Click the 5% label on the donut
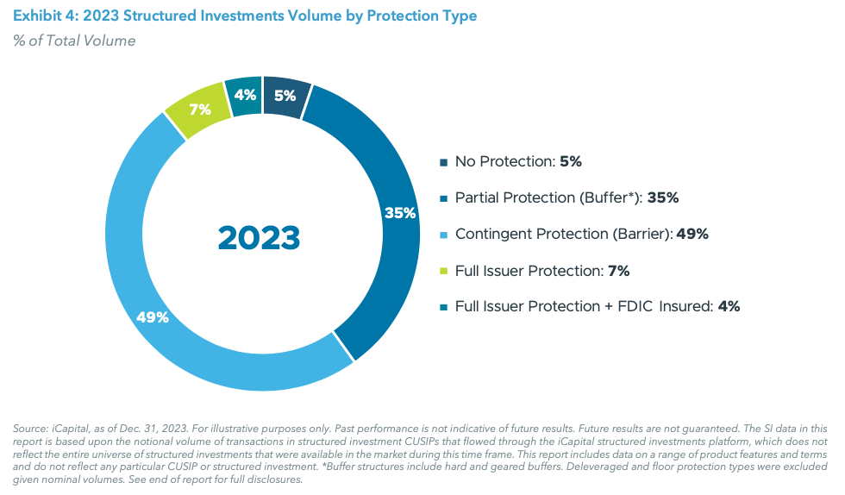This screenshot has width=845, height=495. pos(285,97)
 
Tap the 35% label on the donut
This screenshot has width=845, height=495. pos(400,212)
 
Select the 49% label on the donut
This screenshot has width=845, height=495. pos(152,316)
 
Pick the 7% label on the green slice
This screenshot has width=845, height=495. pos(200,110)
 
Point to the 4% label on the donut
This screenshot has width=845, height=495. pos(244,96)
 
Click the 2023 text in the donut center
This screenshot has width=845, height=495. pos(259,237)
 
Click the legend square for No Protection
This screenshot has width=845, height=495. pos(443,162)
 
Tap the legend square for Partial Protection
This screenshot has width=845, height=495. pos(443,198)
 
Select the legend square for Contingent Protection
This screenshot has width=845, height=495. pos(443,235)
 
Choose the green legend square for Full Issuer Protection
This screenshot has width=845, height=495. pos(443,271)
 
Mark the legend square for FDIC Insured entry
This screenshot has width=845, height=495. pos(443,307)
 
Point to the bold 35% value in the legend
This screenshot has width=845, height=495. pos(663,197)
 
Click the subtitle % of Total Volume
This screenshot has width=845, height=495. pos(74,41)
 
